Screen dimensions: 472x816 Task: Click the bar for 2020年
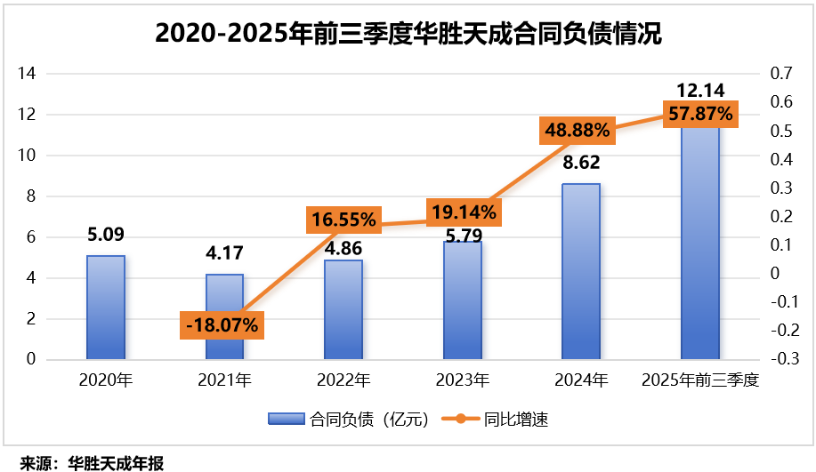[105, 308]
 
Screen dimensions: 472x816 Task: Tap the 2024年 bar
[580, 271]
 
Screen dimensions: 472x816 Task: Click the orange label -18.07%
[222, 325]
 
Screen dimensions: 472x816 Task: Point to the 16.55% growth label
[343, 219]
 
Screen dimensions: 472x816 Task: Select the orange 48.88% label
[578, 131]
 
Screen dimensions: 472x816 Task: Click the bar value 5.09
[105, 236]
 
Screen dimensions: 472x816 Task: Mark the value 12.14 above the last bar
[699, 90]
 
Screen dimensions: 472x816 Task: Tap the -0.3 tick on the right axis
[783, 359]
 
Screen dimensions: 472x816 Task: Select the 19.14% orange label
[461, 212]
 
